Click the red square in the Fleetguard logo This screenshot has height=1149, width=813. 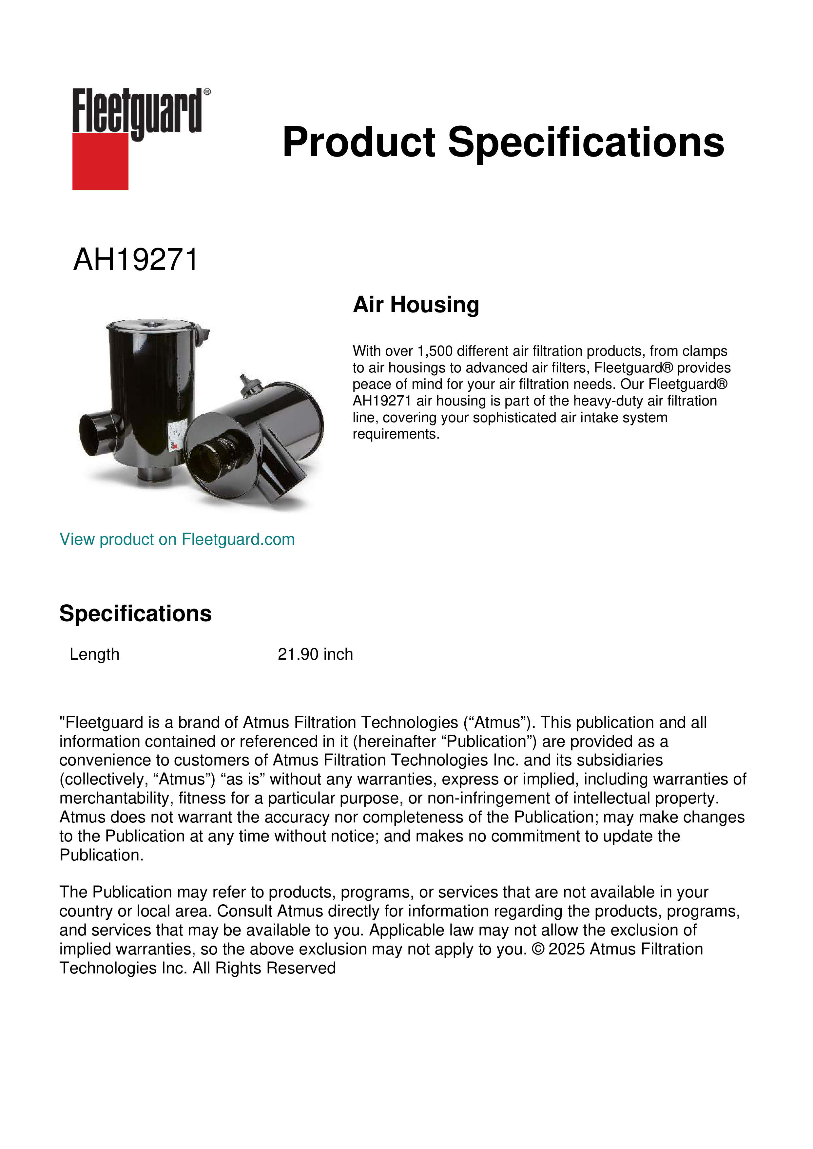[x=100, y=161]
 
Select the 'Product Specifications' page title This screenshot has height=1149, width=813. [x=503, y=142]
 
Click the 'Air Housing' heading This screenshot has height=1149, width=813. [x=416, y=304]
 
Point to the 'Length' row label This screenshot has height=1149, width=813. [x=95, y=654]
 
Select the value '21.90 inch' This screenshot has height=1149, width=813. [x=315, y=654]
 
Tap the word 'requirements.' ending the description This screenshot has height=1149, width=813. [x=396, y=434]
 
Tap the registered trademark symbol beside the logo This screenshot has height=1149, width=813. [x=207, y=92]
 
